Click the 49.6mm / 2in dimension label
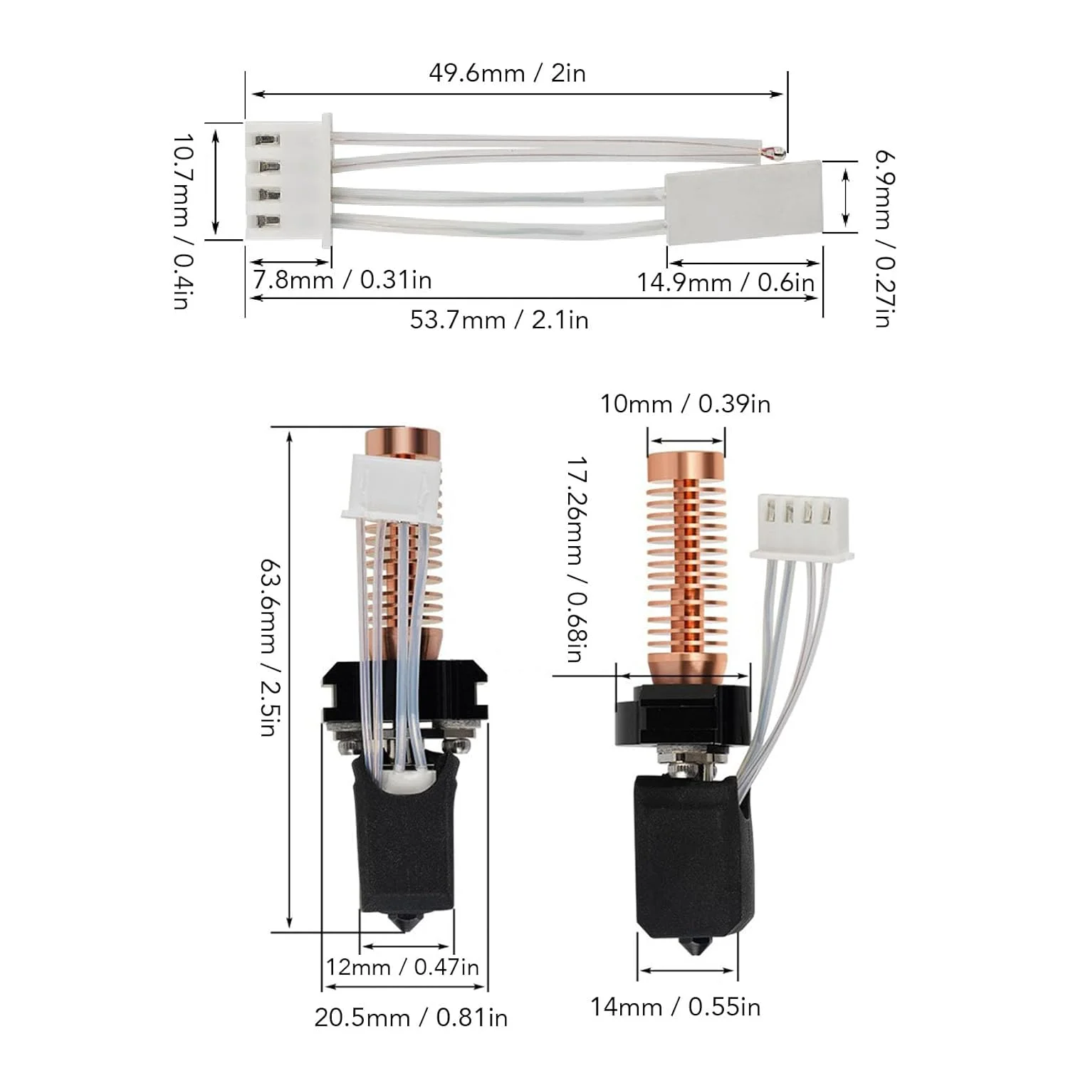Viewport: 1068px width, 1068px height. click(x=507, y=73)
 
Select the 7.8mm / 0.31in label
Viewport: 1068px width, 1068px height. click(x=342, y=280)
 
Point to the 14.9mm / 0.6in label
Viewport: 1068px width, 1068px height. click(x=725, y=283)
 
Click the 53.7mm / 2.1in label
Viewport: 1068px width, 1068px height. click(x=499, y=320)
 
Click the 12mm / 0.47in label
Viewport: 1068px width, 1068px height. click(x=402, y=967)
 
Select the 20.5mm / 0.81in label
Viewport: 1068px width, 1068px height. click(x=411, y=1017)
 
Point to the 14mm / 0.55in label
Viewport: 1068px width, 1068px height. click(x=675, y=1007)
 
